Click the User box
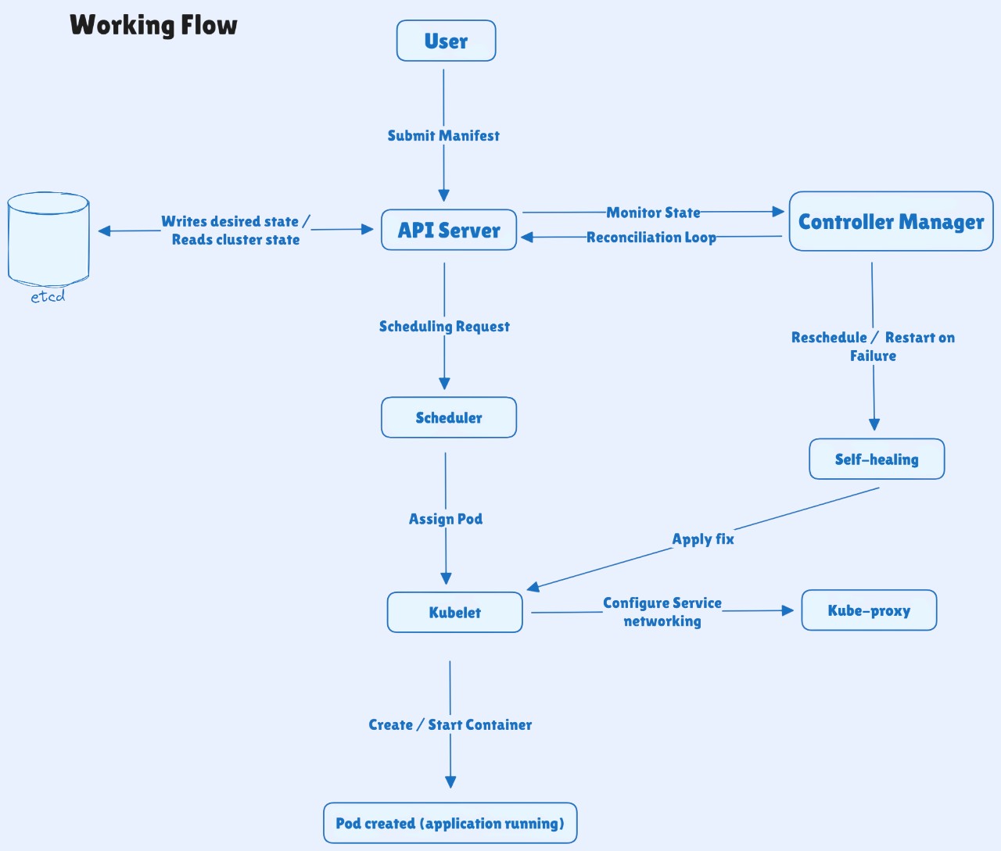coord(446,41)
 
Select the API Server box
coord(449,230)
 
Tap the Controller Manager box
coord(891,222)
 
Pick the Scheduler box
coord(449,417)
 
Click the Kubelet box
coord(454,612)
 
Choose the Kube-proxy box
coord(869,610)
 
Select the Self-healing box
coord(877,459)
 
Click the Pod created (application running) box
coord(450,823)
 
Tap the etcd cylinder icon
coord(48,238)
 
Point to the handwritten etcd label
coord(48,297)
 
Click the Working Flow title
coord(153,25)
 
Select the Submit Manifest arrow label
coord(443,135)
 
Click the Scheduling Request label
coord(444,326)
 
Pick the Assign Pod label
coord(446,519)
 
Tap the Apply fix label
coord(703,538)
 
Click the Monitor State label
coord(653,213)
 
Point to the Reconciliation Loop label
coord(651,237)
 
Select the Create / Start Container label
coord(450,724)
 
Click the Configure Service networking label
coord(662,612)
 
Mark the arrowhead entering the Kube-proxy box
coord(788,610)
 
